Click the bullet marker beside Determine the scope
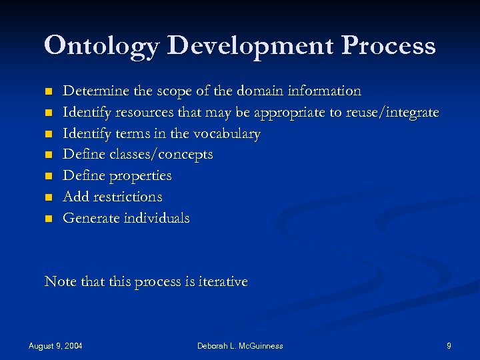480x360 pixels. click(47, 91)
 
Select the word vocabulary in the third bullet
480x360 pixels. click(227, 133)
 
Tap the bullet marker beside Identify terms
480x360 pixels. click(47, 134)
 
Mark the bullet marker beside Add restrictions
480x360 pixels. click(47, 198)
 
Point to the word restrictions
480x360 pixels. click(127, 197)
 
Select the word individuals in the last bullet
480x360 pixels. click(156, 219)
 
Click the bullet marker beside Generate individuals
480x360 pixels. click(47, 219)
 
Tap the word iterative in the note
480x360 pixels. click(219, 282)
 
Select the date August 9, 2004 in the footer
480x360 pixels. click(60, 345)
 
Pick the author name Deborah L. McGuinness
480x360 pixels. click(240, 345)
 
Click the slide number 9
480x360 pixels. click(449, 345)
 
